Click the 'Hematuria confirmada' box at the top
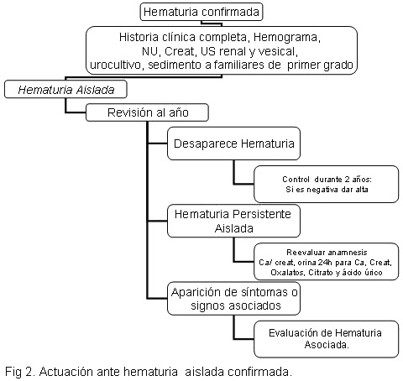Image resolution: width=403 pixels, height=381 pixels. coord(201,12)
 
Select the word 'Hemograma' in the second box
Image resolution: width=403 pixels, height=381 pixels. coord(286,37)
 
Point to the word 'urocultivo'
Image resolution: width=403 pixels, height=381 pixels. coord(117,65)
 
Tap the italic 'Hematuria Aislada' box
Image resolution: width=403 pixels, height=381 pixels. coord(65,90)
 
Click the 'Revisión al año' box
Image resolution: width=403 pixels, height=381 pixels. coord(147,112)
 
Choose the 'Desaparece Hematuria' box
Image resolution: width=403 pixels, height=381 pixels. coord(233,144)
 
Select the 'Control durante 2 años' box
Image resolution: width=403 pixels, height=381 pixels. coord(327,184)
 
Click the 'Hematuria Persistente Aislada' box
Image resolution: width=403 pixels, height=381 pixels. coord(233,221)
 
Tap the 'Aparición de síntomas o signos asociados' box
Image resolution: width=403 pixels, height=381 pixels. coord(233,299)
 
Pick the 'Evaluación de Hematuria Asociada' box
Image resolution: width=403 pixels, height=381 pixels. coord(327,339)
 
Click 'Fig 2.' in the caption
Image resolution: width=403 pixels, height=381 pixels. coord(20,372)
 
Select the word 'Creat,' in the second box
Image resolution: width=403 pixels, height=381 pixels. coord(180,51)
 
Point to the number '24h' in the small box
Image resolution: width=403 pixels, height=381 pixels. coord(325,263)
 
